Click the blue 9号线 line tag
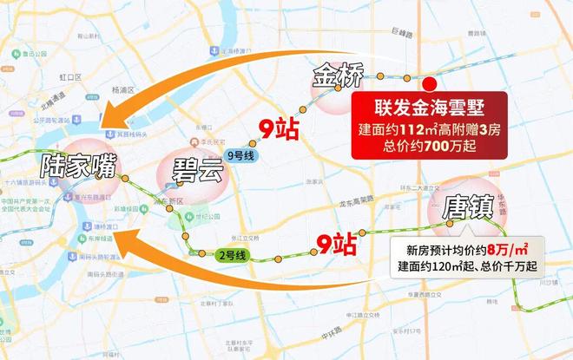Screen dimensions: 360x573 (x=238, y=154)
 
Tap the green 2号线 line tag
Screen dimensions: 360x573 (x=233, y=255)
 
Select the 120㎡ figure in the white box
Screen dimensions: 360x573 (x=458, y=265)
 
